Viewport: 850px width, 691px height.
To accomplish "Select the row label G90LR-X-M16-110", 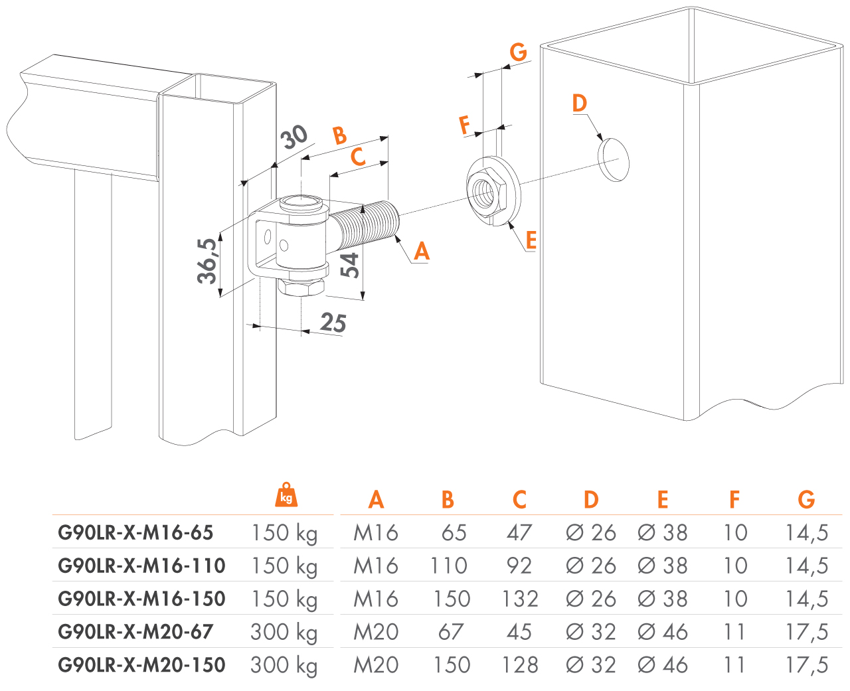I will pyautogui.click(x=141, y=566).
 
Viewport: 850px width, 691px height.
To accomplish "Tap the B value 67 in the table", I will pyautogui.click(x=451, y=632).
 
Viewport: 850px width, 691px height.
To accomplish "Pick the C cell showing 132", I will pyautogui.click(x=519, y=599).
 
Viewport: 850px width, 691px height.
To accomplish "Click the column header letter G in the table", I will pyautogui.click(x=806, y=500).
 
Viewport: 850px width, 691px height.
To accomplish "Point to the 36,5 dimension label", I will pyautogui.click(x=207, y=261).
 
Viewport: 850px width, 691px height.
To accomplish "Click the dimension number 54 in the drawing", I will pyautogui.click(x=349, y=264).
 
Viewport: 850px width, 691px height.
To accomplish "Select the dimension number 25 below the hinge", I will pyautogui.click(x=333, y=323).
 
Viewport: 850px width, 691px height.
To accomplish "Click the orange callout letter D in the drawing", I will pyautogui.click(x=579, y=103).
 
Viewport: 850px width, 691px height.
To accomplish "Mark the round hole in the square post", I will pyautogui.click(x=614, y=159).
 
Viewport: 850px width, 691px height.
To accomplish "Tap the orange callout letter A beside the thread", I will pyautogui.click(x=422, y=252).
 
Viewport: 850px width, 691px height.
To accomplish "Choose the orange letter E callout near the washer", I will pyautogui.click(x=531, y=240).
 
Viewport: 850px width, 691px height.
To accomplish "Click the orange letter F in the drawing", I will pyautogui.click(x=465, y=124).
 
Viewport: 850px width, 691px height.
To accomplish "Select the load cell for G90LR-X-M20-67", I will pyautogui.click(x=284, y=632).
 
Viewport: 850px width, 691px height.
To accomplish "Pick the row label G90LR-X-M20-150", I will pyautogui.click(x=141, y=665).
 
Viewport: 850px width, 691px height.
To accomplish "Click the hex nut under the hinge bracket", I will pyautogui.click(x=302, y=286).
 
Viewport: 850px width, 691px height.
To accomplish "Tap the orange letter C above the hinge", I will pyautogui.click(x=358, y=157).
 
